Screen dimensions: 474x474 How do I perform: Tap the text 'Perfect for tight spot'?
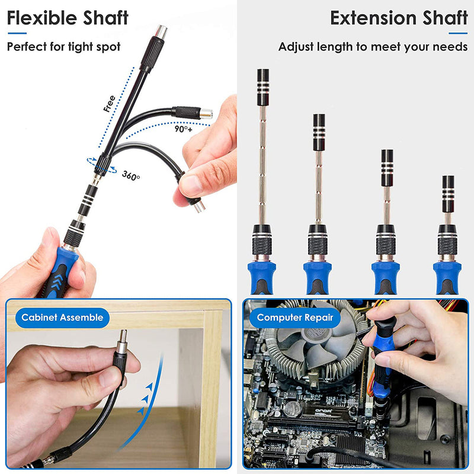pos(63,46)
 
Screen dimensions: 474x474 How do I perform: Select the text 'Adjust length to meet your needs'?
pos(373,46)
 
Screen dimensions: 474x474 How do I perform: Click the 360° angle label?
pos(131,176)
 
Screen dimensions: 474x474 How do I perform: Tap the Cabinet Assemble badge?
pos(62,317)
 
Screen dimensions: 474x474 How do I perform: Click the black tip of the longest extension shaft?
pos(262,79)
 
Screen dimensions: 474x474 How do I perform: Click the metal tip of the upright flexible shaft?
pos(161,32)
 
